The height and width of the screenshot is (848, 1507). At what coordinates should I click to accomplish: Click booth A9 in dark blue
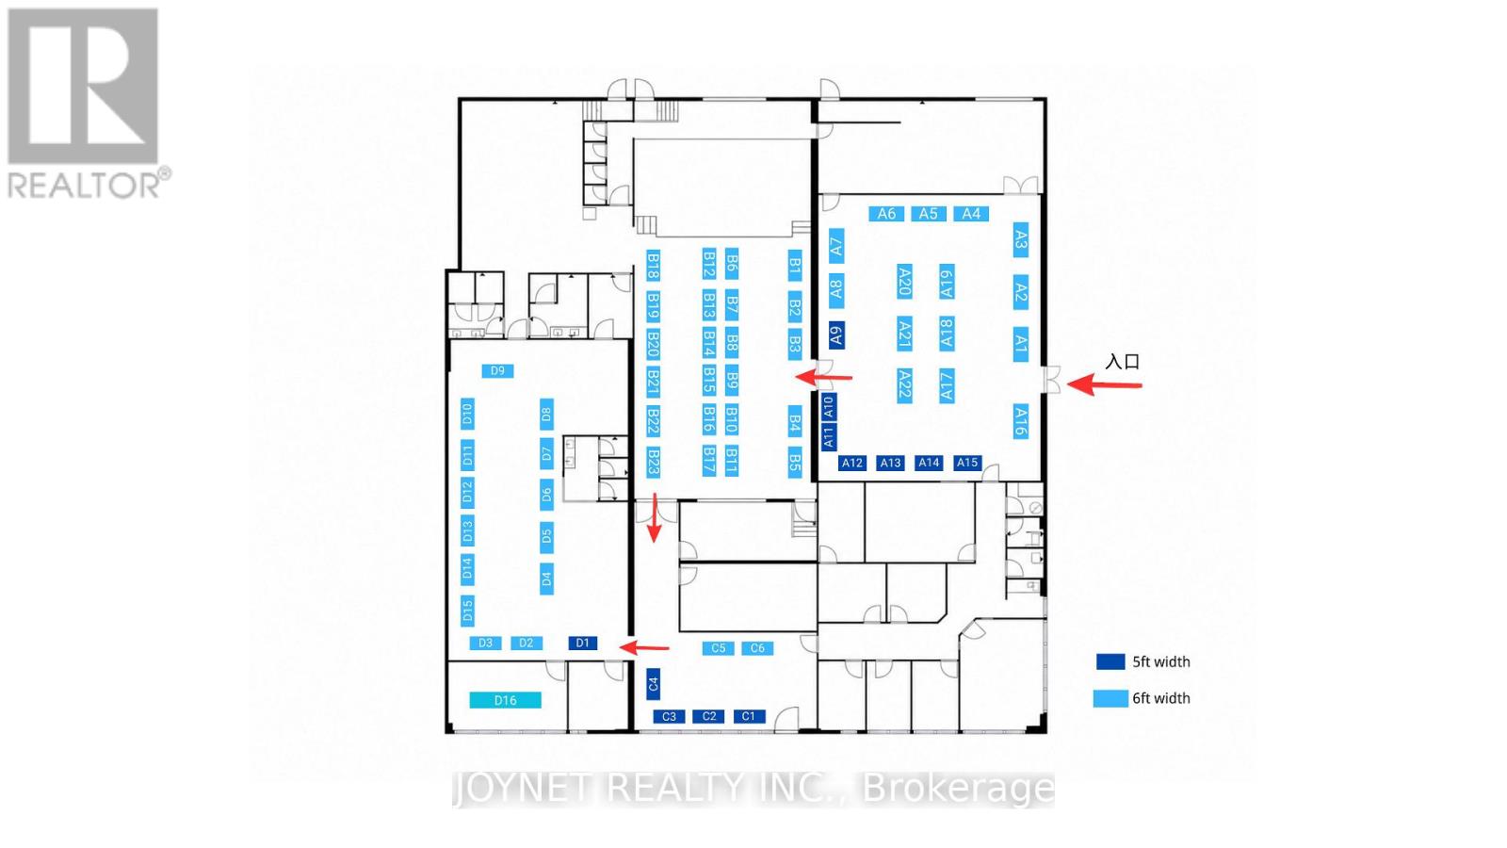pyautogui.click(x=836, y=334)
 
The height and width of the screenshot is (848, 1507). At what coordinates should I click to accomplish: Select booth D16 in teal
pyautogui.click(x=505, y=701)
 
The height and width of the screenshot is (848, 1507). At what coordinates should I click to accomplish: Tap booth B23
pyautogui.click(x=653, y=463)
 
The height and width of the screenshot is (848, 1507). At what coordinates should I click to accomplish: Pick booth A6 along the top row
pyautogui.click(x=886, y=214)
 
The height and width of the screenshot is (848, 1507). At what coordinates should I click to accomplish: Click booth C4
pyautogui.click(x=653, y=684)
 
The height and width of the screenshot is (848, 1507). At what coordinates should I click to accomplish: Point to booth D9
pyautogui.click(x=498, y=371)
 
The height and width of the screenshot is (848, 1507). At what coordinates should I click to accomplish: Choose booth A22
pyautogui.click(x=904, y=385)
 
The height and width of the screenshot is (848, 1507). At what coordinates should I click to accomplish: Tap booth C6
pyautogui.click(x=757, y=648)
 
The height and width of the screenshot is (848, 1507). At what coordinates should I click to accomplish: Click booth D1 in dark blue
pyautogui.click(x=583, y=644)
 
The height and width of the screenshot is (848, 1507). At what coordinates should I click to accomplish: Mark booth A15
pyautogui.click(x=967, y=463)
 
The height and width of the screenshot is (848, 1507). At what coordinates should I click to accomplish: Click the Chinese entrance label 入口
pyautogui.click(x=1123, y=362)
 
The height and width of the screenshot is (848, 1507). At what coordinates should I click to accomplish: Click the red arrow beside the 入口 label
pyautogui.click(x=1105, y=385)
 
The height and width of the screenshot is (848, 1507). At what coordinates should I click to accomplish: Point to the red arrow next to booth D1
pyautogui.click(x=644, y=648)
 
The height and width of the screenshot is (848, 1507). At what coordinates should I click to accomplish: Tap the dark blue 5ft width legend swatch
pyautogui.click(x=1110, y=661)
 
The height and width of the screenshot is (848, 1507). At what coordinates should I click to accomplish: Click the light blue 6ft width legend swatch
pyautogui.click(x=1110, y=698)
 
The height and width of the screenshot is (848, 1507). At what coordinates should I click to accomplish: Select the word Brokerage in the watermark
pyautogui.click(x=958, y=789)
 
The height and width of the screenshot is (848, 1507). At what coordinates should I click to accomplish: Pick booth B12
pyautogui.click(x=708, y=264)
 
